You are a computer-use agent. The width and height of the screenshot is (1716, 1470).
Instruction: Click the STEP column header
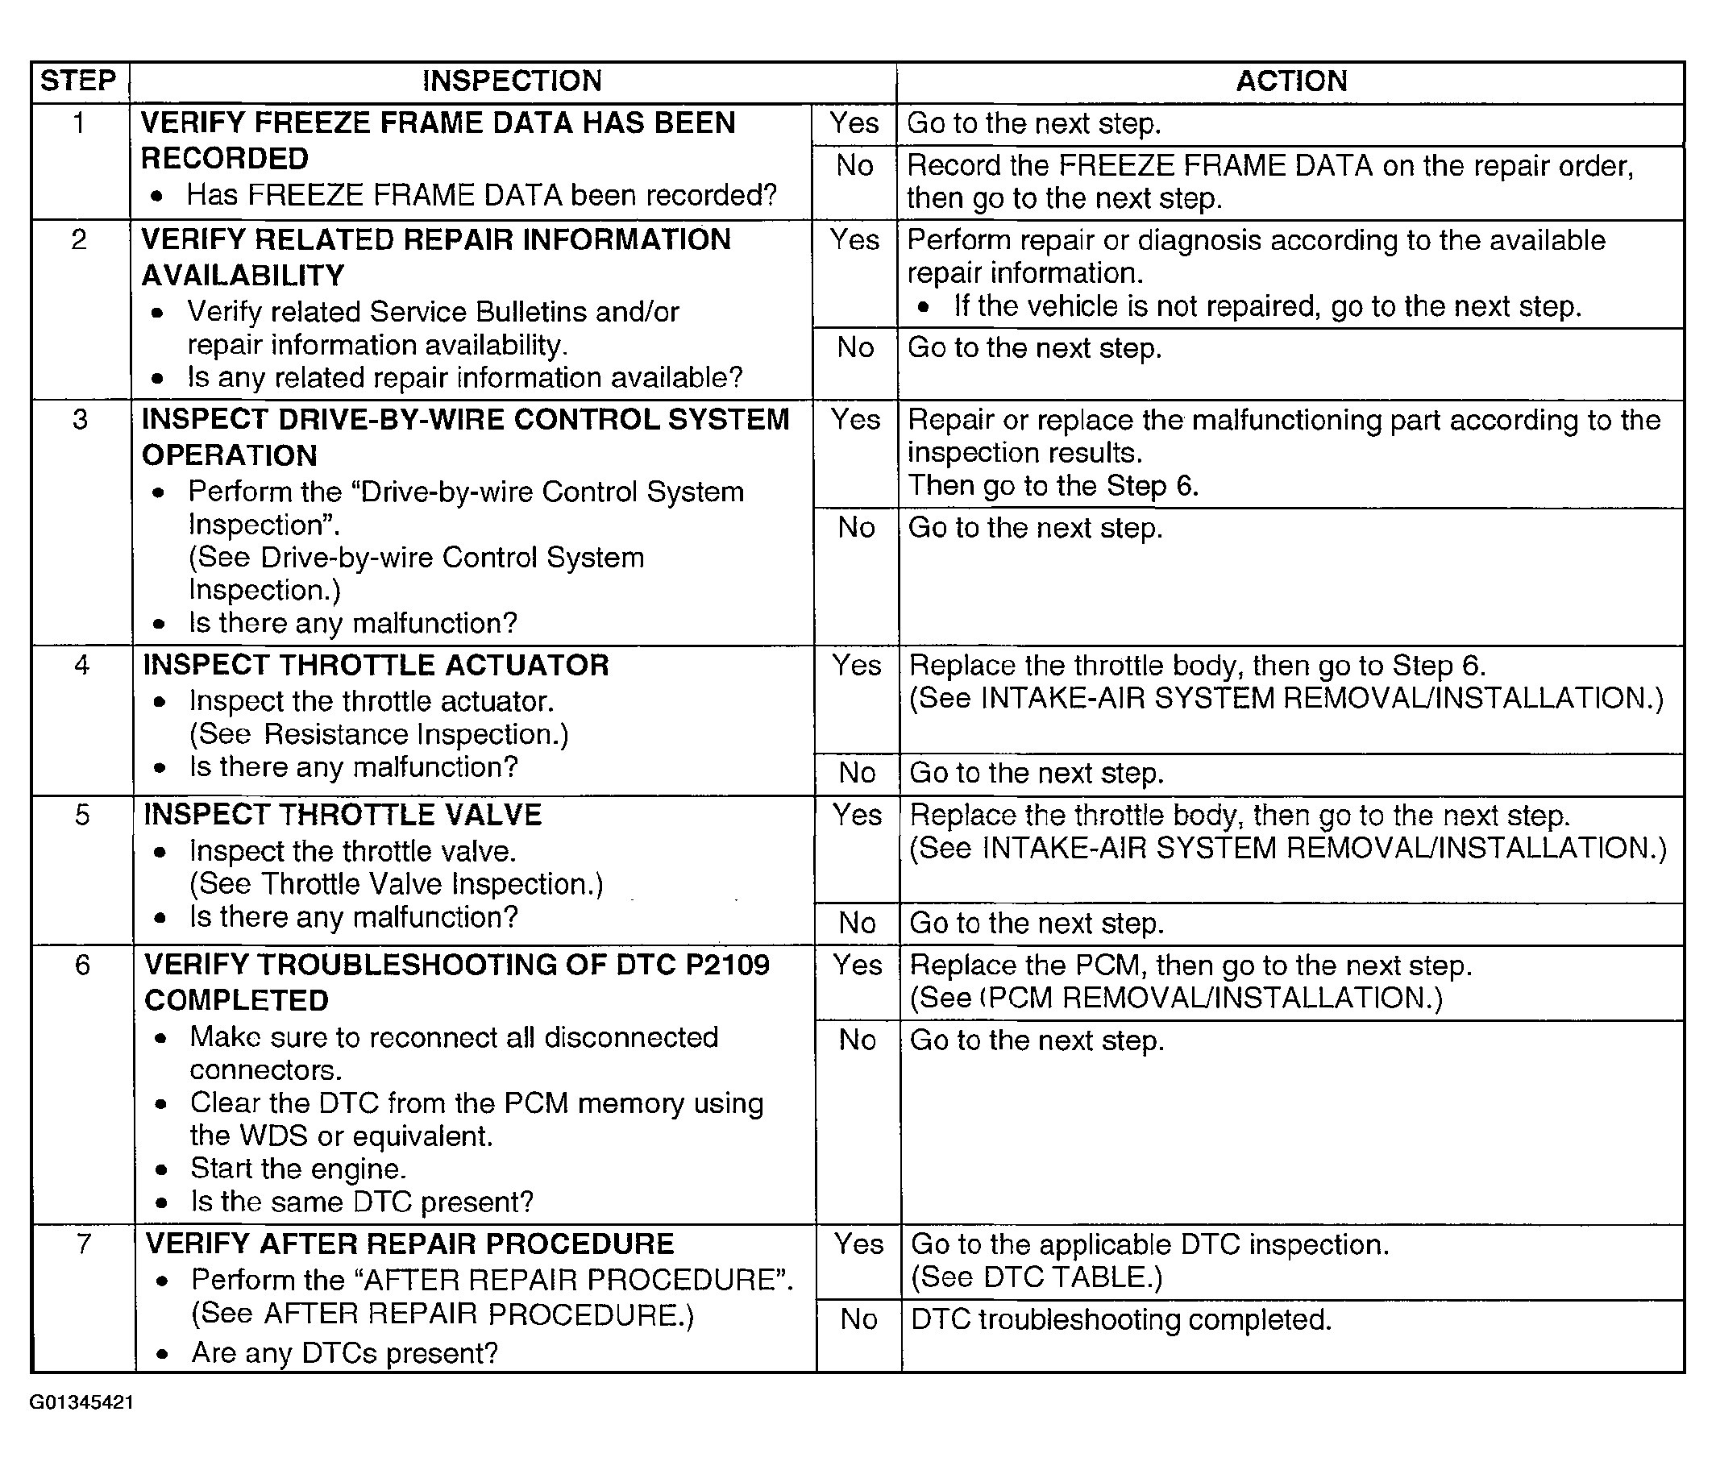(79, 81)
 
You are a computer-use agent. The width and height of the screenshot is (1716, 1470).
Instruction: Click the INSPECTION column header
(512, 81)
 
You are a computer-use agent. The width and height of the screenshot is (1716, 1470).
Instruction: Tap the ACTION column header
(1291, 81)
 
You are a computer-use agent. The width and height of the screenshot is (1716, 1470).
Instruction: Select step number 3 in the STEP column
(81, 420)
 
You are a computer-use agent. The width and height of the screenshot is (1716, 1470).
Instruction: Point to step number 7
(84, 1244)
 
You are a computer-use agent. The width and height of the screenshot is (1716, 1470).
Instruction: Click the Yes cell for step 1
(854, 123)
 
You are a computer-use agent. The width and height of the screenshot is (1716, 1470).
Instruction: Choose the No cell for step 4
(856, 773)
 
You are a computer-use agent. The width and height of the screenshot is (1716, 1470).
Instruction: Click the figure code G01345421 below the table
(81, 1403)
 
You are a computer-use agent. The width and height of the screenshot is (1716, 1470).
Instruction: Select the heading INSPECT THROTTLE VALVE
(342, 815)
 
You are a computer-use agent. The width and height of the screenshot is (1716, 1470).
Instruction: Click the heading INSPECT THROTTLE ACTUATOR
(375, 665)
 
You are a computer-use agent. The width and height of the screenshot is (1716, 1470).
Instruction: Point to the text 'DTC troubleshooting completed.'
(1121, 1319)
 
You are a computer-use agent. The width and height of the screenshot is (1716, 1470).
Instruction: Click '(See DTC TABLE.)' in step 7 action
(1036, 1278)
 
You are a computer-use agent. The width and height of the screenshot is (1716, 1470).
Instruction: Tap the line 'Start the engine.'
(298, 1169)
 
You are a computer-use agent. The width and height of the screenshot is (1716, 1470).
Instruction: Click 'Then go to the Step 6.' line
(1053, 485)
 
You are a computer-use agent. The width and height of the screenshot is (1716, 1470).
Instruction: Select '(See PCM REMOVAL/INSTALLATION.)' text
(1176, 998)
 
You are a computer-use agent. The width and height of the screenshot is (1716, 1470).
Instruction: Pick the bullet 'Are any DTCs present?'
(344, 1353)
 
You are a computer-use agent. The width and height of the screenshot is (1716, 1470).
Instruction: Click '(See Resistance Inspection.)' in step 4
(380, 734)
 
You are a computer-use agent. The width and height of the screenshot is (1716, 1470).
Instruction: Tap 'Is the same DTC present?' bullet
(362, 1202)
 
